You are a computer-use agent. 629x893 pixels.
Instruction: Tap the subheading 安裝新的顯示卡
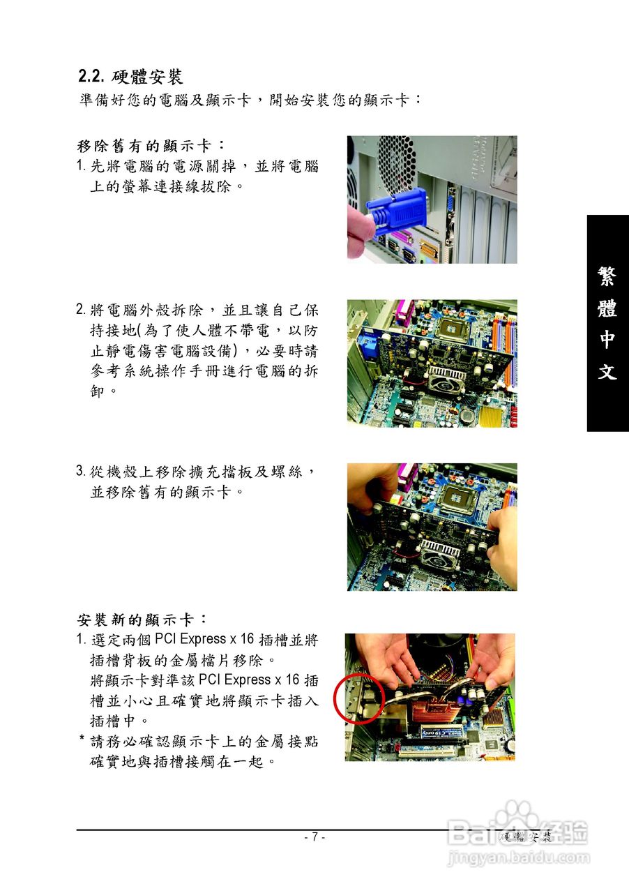(142, 619)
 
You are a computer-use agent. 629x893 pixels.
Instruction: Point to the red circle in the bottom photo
(360, 698)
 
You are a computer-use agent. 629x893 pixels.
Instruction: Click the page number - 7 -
(314, 837)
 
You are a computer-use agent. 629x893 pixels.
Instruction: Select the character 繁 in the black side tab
(607, 276)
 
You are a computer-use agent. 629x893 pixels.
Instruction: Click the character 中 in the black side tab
(607, 340)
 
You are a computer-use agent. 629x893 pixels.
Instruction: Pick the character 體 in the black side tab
(607, 308)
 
